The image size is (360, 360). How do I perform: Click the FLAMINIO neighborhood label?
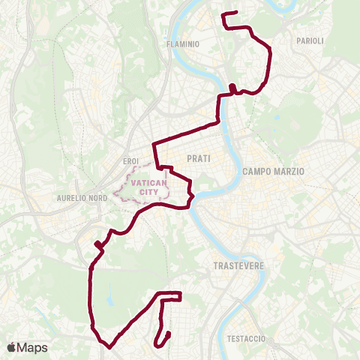pyautogui.click(x=183, y=44)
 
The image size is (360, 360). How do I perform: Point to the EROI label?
pyautogui.click(x=130, y=160)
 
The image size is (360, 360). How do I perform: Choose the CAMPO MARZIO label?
pyautogui.click(x=273, y=172)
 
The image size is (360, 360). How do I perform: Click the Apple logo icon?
pyautogui.click(x=12, y=348)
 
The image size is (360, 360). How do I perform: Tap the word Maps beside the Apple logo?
pyautogui.click(x=32, y=348)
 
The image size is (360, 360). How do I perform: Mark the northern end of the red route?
pyautogui.click(x=236, y=12)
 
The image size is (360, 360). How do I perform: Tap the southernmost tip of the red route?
pyautogui.click(x=109, y=347)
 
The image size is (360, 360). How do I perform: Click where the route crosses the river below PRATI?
pyautogui.click(x=193, y=197)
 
